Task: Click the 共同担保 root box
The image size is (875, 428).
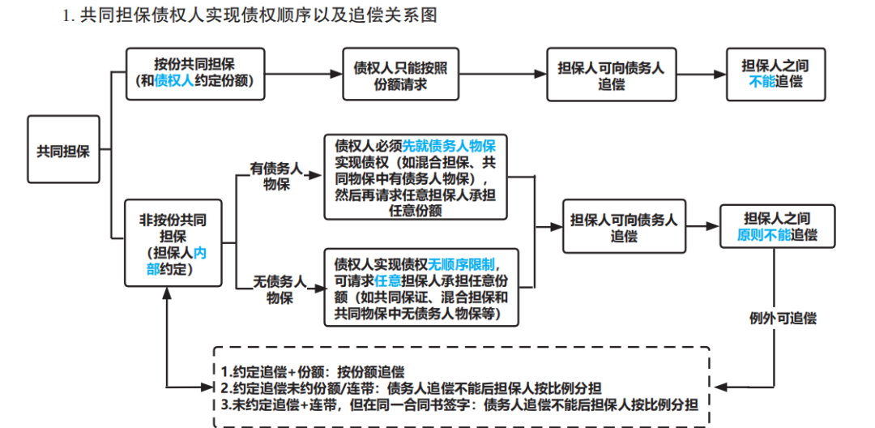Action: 63,151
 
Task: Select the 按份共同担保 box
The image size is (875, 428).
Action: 195,73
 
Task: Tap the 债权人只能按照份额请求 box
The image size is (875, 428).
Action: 400,74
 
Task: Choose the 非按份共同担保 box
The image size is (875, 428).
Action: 172,244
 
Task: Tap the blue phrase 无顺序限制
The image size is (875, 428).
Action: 467,263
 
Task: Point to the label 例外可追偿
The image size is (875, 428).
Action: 782,318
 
